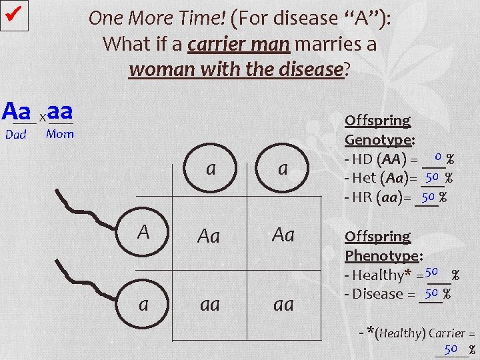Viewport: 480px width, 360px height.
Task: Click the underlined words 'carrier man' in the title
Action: [238, 45]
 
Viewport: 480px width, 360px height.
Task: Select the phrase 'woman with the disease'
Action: [236, 69]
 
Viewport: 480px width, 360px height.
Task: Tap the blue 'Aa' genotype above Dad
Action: [17, 111]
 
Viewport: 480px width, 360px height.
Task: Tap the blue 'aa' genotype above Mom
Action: [60, 111]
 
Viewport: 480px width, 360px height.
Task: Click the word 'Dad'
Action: [16, 135]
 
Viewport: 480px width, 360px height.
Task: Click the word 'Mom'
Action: [60, 134]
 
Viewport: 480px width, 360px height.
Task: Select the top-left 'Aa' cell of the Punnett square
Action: [209, 235]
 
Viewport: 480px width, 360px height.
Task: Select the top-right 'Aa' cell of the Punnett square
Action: [283, 235]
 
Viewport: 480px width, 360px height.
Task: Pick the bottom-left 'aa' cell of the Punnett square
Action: [209, 304]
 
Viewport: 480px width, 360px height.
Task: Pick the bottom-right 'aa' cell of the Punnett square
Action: [283, 304]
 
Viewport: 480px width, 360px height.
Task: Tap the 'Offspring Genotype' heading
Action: [379, 131]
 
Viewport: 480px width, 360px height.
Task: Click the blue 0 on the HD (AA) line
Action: [437, 157]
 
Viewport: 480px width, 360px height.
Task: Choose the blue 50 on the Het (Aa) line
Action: [432, 177]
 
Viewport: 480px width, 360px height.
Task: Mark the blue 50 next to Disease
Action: [431, 292]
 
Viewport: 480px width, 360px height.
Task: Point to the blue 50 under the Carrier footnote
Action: [451, 349]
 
